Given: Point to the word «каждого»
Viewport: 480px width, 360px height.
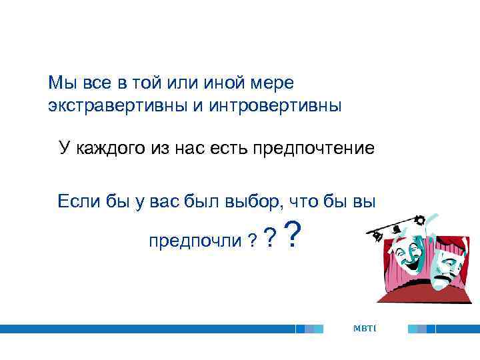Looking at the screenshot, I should tap(107, 148).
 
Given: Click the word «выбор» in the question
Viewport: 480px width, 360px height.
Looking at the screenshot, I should tap(251, 200).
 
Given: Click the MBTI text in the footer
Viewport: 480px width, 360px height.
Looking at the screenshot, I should tap(365, 328).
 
